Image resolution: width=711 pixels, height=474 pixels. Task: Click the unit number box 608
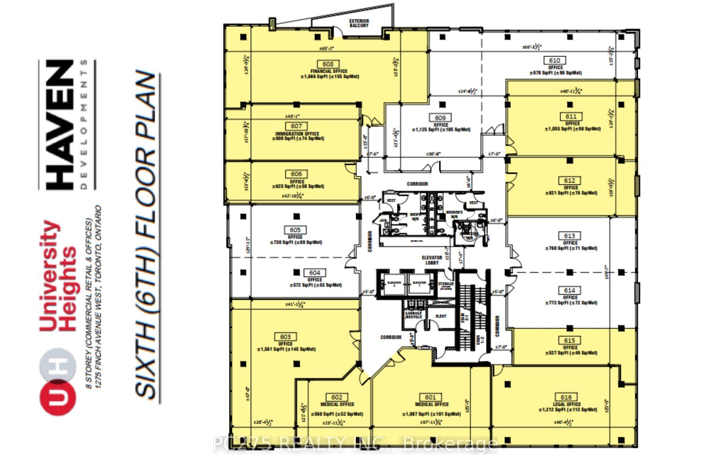(x=328, y=64)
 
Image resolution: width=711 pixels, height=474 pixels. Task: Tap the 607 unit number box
(x=296, y=126)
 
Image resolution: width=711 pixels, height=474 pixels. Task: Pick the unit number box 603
(x=285, y=337)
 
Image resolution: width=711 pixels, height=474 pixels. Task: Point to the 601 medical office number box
(x=430, y=397)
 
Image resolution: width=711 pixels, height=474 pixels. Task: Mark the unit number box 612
(x=570, y=181)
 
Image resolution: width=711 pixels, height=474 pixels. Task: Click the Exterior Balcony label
(x=359, y=23)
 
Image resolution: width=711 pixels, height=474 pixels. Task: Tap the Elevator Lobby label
(x=432, y=260)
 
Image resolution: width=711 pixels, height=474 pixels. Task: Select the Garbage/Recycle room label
(x=413, y=315)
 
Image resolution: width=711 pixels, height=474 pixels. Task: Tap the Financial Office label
(x=329, y=71)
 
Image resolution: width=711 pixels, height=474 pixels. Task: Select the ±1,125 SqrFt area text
(x=441, y=130)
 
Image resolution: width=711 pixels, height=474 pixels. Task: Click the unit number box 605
(x=295, y=230)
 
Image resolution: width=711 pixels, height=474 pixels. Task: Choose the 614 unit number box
(x=570, y=290)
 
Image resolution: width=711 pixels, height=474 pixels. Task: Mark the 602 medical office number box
(x=337, y=397)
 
